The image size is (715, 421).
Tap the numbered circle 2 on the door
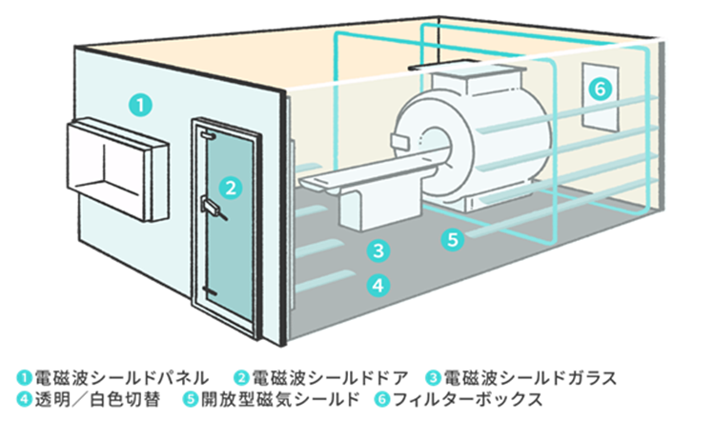coord(229,185)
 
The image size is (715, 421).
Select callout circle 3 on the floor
coord(378,251)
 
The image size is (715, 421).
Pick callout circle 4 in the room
coord(378,284)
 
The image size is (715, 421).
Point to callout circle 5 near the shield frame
coord(454,239)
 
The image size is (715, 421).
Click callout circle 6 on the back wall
coord(598,89)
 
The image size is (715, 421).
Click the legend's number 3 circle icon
coord(432,376)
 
